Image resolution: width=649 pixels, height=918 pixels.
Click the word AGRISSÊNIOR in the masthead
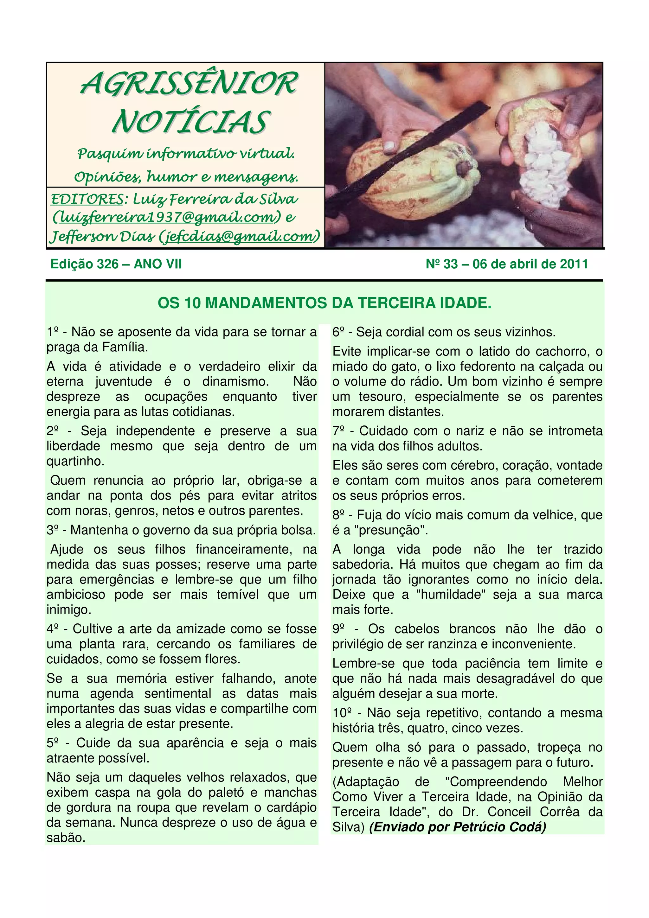189,84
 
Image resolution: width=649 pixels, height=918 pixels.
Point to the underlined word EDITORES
87,199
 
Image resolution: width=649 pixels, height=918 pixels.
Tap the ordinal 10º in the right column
342,713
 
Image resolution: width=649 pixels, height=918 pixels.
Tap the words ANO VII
157,264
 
